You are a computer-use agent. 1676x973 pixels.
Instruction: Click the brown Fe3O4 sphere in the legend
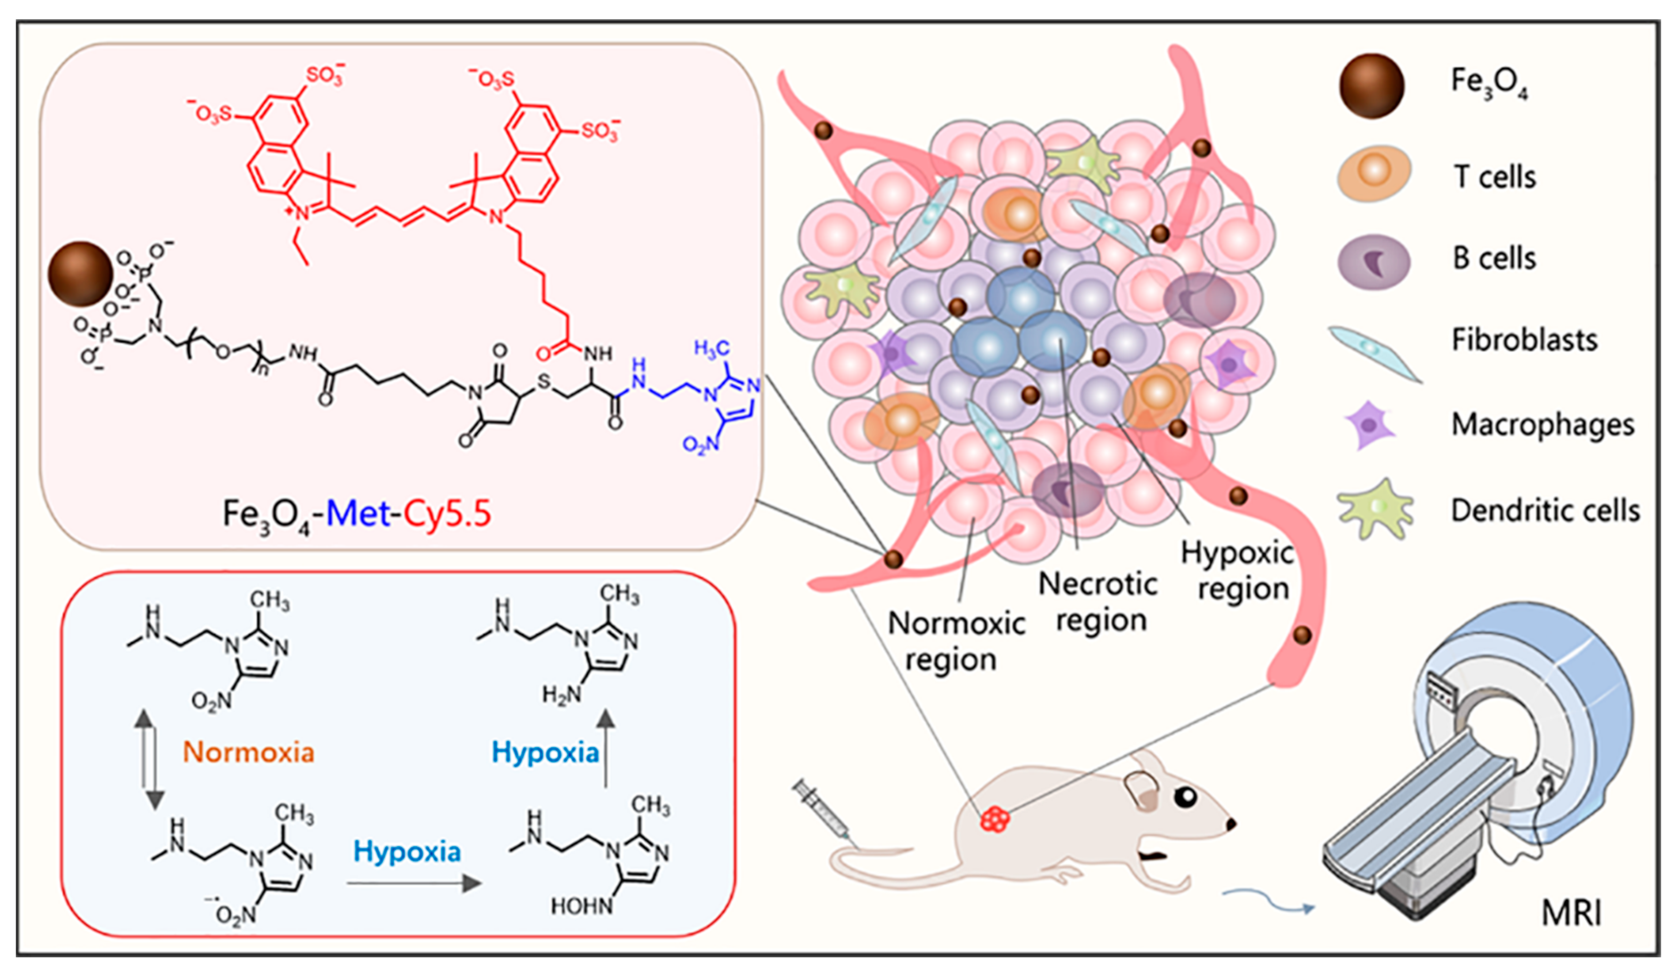1372,86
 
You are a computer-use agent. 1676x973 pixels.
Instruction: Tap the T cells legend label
1494,177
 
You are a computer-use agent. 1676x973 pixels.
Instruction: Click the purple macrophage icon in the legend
1369,425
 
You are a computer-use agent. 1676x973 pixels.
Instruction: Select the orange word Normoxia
248,752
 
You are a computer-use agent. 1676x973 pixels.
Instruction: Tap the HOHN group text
581,906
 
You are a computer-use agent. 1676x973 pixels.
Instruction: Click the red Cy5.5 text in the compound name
447,513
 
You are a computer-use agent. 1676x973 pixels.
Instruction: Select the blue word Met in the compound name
358,513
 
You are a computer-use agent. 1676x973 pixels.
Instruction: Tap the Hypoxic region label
1237,571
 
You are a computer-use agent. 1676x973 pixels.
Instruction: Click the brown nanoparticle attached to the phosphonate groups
80,274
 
